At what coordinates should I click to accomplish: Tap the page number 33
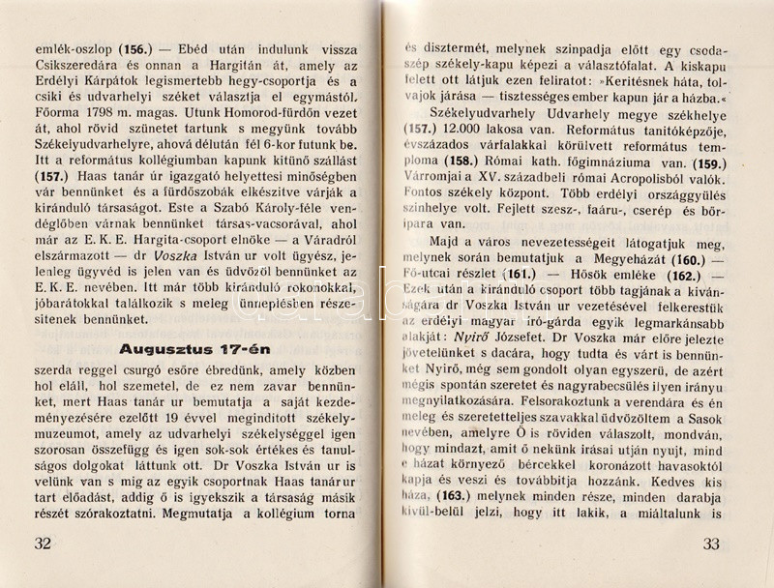(x=711, y=543)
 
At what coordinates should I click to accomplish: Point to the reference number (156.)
(x=135, y=47)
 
